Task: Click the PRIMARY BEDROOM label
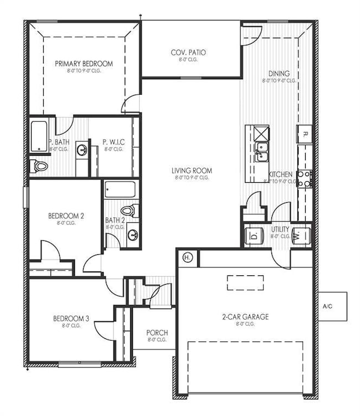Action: coord(84,64)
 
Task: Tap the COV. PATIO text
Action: coord(188,53)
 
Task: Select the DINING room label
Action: coord(279,73)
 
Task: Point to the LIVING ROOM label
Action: coord(192,171)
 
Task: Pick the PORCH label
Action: coord(157,333)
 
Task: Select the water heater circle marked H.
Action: coord(187,258)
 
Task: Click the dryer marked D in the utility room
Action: coord(254,235)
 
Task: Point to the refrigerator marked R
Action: coord(305,134)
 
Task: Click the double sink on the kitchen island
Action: coord(261,148)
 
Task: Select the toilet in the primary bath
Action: coord(40,165)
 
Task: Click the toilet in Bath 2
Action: coord(130,210)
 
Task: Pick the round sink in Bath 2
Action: coord(132,234)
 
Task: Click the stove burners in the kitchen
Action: coord(304,178)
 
